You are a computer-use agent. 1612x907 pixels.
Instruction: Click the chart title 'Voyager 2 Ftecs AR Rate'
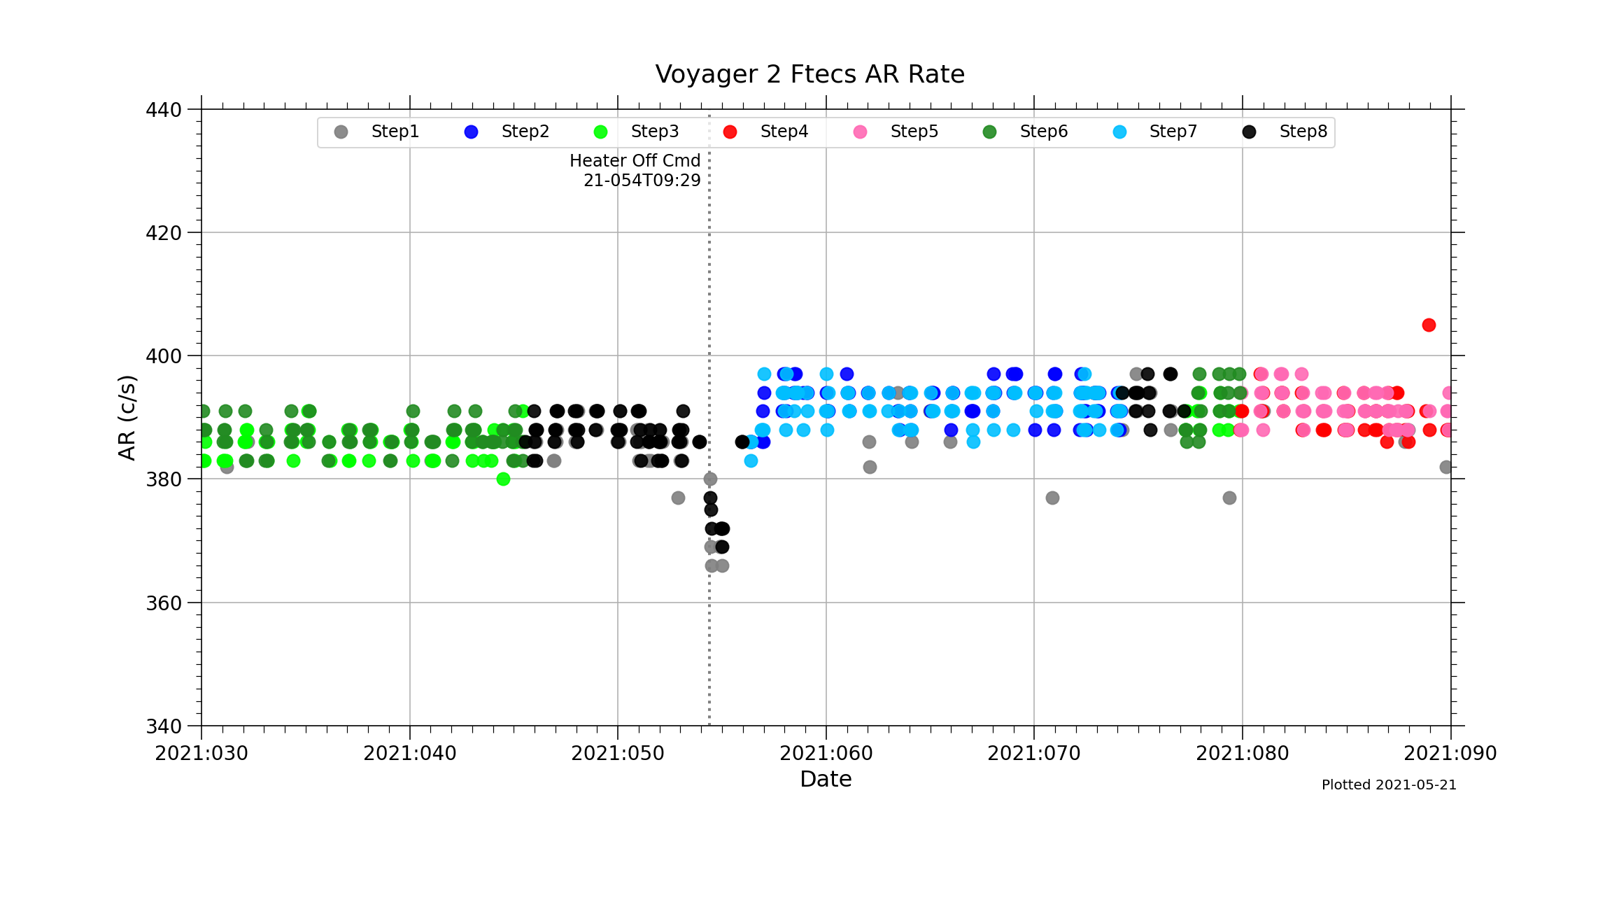[x=809, y=74]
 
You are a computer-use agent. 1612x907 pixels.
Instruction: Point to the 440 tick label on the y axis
[x=164, y=110]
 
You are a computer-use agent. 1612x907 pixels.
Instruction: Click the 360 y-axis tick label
[x=164, y=603]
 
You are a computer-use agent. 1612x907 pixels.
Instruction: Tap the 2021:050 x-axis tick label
[x=618, y=754]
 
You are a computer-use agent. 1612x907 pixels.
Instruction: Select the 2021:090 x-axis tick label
[x=1450, y=754]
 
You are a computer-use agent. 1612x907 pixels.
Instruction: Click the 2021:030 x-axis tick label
[x=201, y=754]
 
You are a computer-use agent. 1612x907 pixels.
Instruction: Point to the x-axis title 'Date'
[x=826, y=780]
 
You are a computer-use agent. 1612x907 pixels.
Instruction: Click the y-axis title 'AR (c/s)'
[x=127, y=418]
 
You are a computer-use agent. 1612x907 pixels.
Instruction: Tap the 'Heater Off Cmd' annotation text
[x=635, y=161]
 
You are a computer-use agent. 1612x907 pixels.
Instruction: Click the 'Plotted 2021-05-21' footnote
[x=1389, y=785]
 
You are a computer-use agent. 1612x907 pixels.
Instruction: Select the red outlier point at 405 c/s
[x=1429, y=325]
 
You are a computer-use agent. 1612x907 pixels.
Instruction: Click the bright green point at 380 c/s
[x=503, y=479]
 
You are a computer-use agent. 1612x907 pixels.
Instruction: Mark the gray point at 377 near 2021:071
[x=1052, y=498]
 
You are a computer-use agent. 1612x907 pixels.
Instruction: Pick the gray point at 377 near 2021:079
[x=1229, y=498]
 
